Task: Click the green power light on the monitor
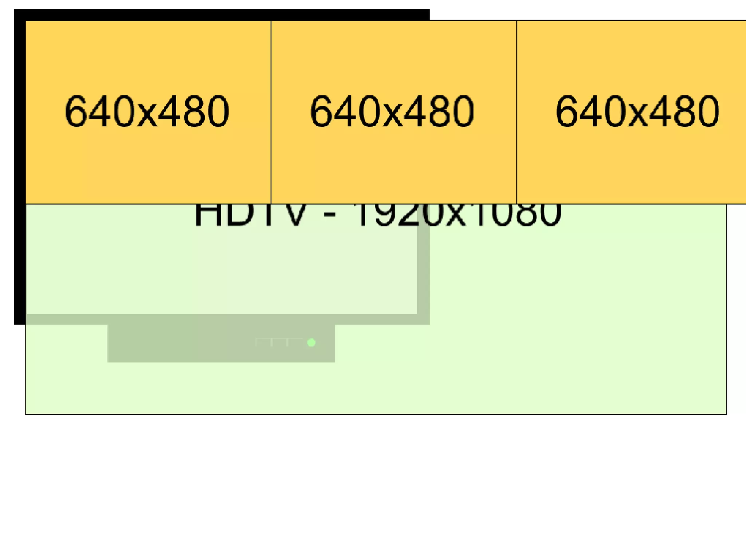pos(311,342)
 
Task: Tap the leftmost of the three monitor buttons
pos(263,342)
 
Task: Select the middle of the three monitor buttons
pos(279,342)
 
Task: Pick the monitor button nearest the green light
pos(295,342)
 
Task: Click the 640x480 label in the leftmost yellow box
pos(147,111)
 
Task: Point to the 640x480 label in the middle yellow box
pos(392,111)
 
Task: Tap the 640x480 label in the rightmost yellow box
pos(637,111)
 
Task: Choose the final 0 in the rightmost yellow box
pos(708,111)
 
